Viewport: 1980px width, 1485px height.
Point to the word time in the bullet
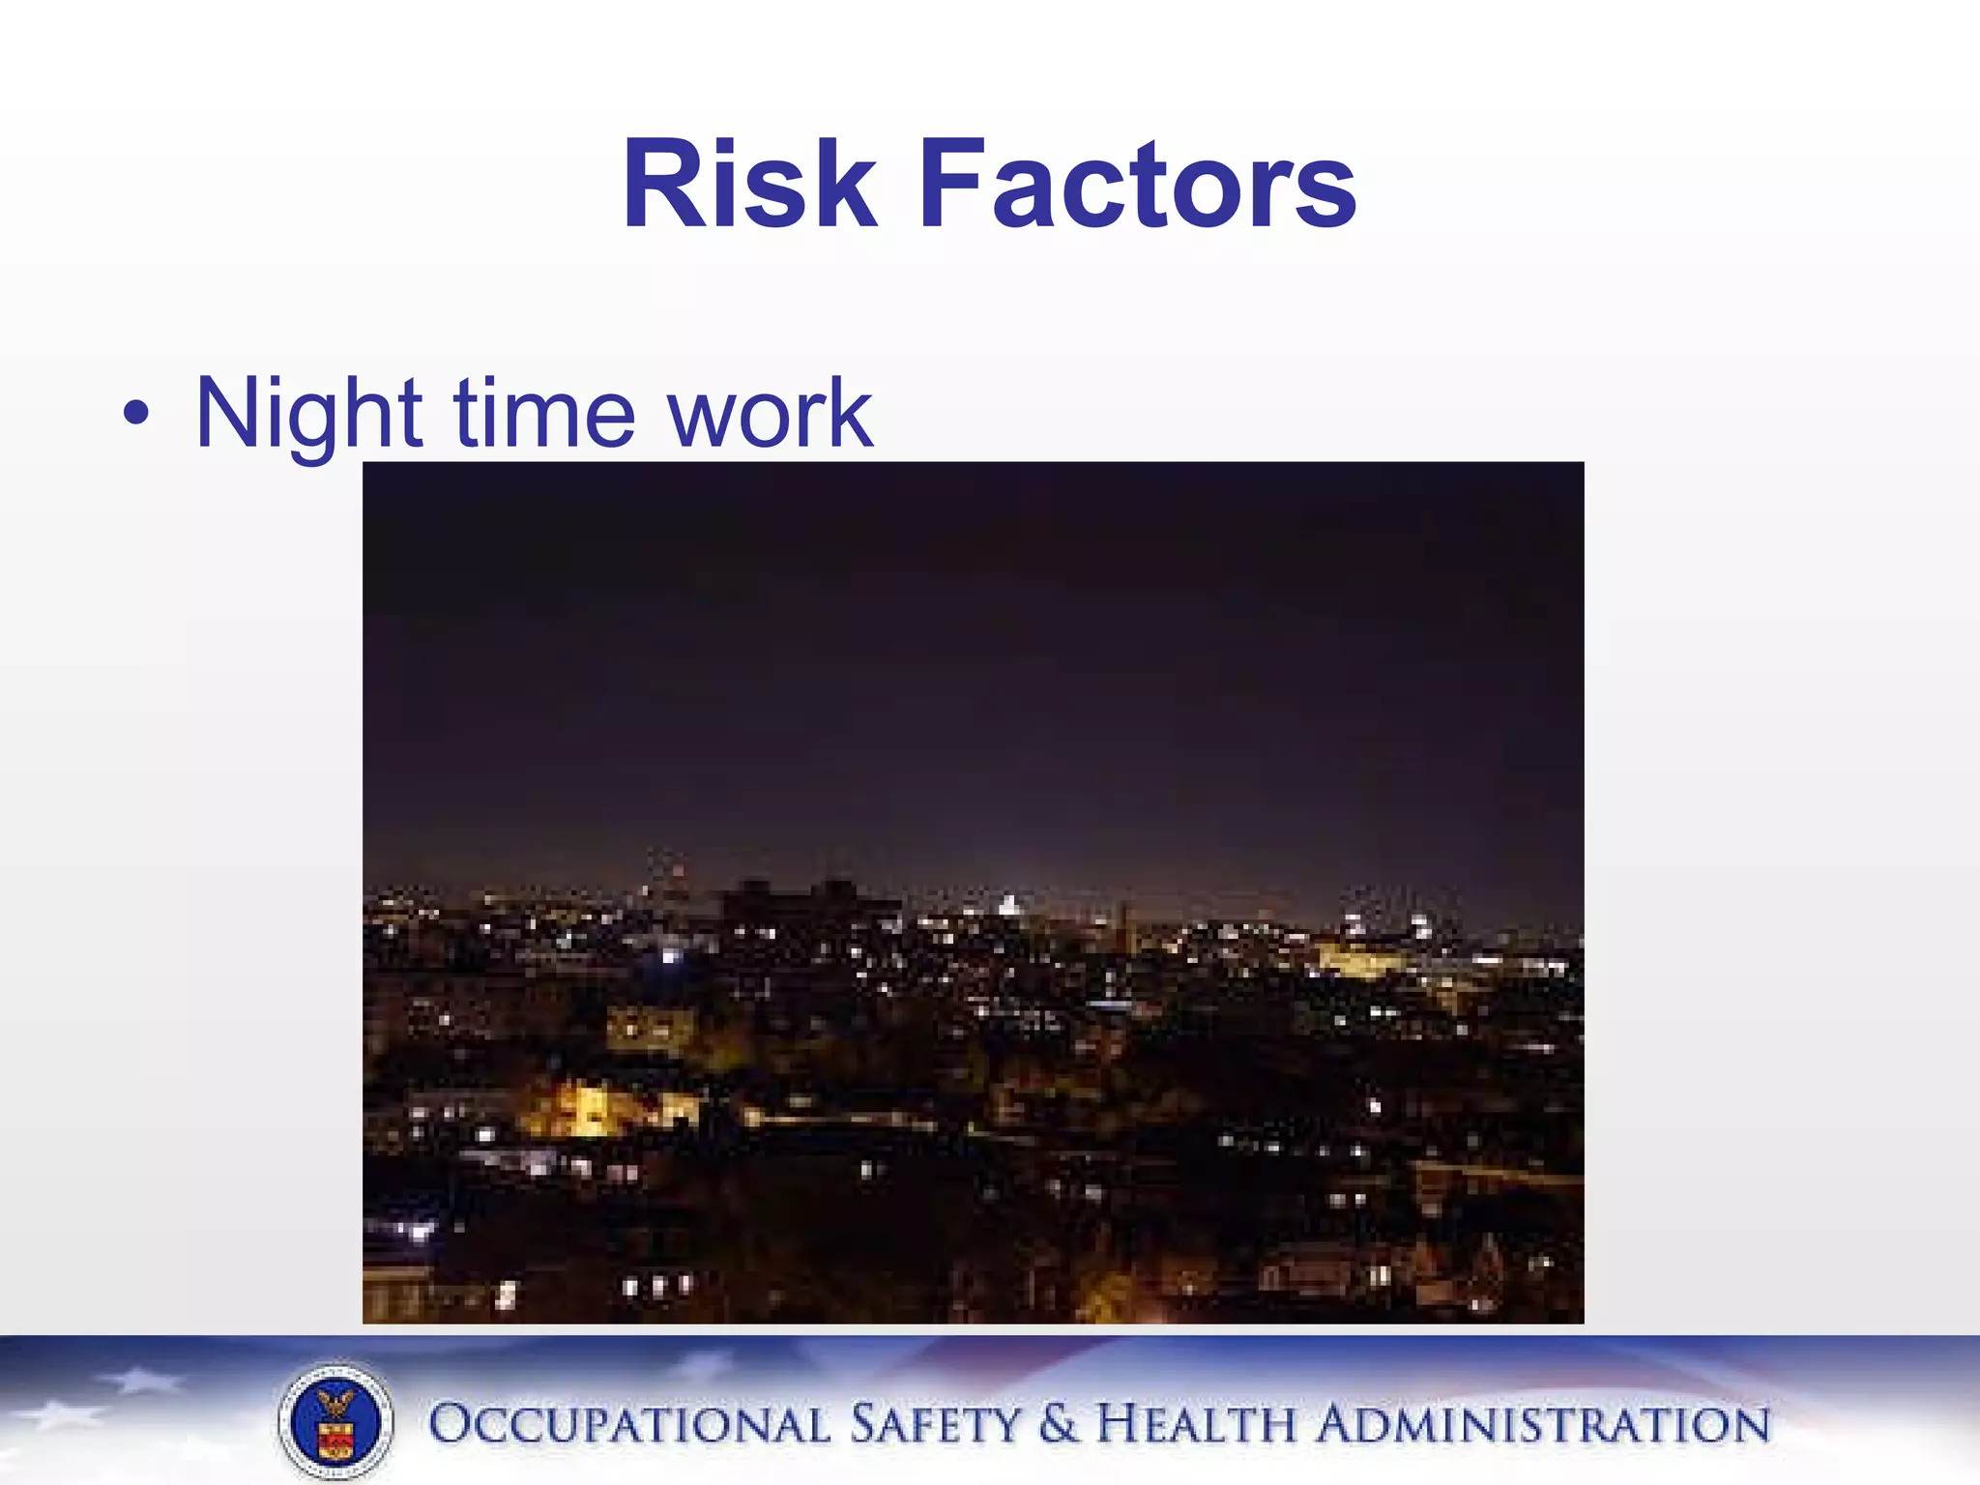point(543,414)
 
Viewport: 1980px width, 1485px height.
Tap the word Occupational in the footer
point(628,1425)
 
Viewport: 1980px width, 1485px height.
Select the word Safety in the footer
point(934,1425)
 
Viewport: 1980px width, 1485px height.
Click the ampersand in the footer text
point(1058,1425)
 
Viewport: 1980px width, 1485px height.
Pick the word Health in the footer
point(1197,1425)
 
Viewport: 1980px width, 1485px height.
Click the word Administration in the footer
point(1543,1425)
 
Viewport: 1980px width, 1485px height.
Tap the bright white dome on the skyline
point(1007,907)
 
